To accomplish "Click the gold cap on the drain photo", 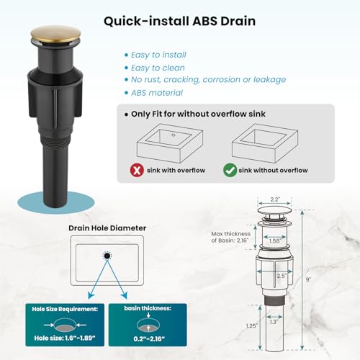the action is [55, 35].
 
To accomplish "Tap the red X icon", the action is [137, 170].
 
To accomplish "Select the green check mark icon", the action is [230, 170].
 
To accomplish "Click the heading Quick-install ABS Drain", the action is [179, 21].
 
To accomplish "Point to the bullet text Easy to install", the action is [158, 55].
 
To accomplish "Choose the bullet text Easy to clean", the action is [158, 68].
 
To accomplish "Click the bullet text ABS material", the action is [157, 93].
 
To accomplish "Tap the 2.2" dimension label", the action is [275, 199].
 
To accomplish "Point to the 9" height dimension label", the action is [308, 279].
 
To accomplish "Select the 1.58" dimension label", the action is [274, 241].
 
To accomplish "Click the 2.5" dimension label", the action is [282, 276].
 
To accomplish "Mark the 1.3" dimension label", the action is [274, 322].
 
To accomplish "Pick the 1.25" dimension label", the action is [251, 326].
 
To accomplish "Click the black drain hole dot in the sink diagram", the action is [107, 256].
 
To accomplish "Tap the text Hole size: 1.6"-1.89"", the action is [65, 338].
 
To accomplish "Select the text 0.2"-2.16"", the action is [149, 339].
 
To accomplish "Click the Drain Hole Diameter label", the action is [107, 228].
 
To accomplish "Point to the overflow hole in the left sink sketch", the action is [174, 135].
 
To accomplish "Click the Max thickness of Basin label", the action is [230, 237].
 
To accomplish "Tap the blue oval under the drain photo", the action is [55, 203].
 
